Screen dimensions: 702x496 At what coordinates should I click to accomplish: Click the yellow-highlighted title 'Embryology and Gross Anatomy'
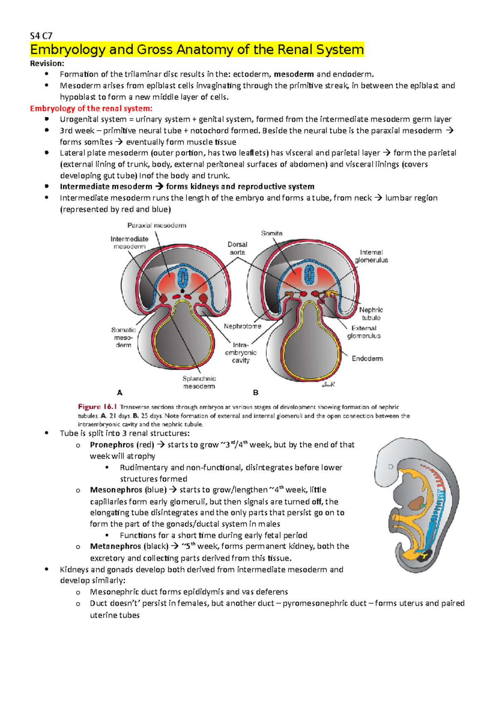point(197,50)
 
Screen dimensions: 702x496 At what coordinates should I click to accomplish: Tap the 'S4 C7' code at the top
point(41,36)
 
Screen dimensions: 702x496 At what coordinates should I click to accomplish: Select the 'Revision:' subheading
point(47,63)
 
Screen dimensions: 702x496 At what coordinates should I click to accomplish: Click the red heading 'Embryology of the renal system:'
point(91,108)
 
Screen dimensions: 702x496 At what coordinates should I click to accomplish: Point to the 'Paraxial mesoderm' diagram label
point(157,225)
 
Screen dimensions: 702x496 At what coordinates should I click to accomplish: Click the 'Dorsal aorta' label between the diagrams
point(237,248)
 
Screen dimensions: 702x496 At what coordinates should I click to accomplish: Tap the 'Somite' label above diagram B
point(272,233)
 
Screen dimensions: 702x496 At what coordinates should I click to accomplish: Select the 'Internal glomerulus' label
point(371,256)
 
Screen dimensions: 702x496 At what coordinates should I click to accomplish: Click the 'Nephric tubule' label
point(371,314)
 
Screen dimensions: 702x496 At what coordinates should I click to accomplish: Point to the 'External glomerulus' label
point(364,332)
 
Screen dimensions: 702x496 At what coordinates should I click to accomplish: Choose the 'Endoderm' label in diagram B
point(367,358)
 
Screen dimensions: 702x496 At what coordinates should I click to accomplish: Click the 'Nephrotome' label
point(243,326)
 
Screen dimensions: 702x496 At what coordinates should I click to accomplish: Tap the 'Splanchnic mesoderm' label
point(199,382)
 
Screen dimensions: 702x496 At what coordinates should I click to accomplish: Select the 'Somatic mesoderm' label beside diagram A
point(123,337)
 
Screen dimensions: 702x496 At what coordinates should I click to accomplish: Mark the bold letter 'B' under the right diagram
point(255,392)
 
